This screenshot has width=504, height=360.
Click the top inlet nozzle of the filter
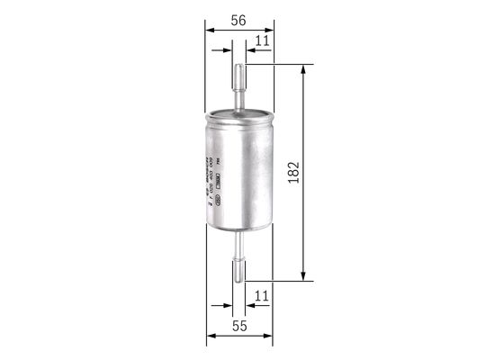tap(239, 85)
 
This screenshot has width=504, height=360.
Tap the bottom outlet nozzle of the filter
tap(239, 262)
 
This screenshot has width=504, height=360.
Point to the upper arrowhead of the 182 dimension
tap(303, 70)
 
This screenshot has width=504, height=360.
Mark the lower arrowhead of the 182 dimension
tap(303, 274)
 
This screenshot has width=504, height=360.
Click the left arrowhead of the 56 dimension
tap(211, 30)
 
